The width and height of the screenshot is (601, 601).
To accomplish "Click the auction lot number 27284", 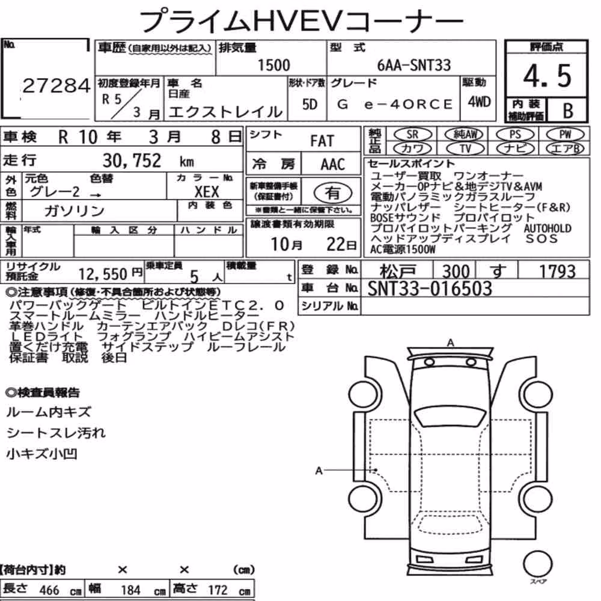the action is click(x=56, y=85).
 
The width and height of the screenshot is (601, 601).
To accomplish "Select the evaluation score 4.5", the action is click(x=547, y=76).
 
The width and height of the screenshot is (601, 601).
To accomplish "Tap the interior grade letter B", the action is click(x=568, y=111).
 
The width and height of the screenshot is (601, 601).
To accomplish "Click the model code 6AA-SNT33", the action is click(x=414, y=66).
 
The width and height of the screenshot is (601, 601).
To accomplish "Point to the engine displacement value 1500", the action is click(x=273, y=65).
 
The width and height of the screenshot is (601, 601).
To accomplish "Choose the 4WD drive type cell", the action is click(x=479, y=102).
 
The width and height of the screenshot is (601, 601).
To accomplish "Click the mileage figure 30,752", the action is click(x=132, y=160).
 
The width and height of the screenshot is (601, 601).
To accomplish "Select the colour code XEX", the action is click(x=207, y=192).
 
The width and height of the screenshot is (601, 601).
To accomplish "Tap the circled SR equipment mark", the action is click(x=412, y=135).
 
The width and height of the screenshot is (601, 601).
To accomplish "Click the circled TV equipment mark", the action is click(x=465, y=148).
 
